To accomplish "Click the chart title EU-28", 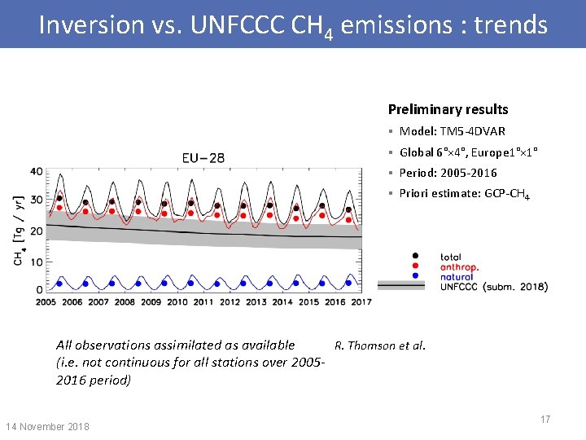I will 203,157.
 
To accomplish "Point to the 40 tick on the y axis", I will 37,172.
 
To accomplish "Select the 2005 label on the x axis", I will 46,302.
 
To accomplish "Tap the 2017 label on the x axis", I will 361,302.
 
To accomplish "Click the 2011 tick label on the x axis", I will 203,302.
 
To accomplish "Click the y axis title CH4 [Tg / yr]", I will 18,230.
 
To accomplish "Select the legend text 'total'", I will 451,257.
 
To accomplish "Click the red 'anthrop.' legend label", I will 460,267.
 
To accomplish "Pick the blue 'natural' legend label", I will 457,277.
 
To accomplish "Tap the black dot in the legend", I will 416,255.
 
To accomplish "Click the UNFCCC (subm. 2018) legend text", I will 494,287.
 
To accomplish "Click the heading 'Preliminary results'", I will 448,109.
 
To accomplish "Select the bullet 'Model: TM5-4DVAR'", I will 452,131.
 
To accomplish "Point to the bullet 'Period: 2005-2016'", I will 448,173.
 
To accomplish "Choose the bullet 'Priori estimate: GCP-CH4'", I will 465,194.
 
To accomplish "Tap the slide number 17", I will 545,419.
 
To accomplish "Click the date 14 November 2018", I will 47,427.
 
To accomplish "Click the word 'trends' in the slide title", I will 512,25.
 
